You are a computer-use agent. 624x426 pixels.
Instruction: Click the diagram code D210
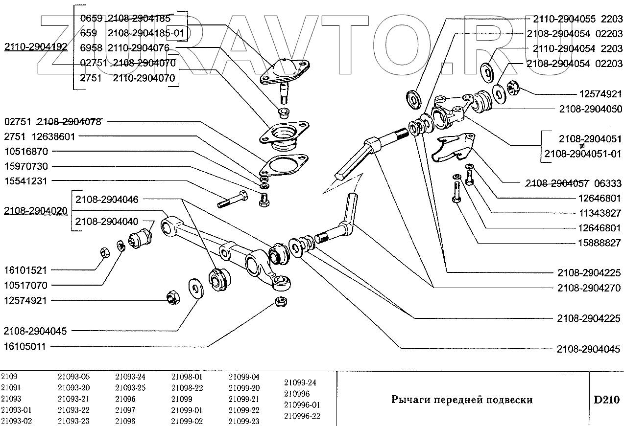coord(606,400)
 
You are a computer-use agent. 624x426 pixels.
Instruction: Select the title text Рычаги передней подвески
coord(462,400)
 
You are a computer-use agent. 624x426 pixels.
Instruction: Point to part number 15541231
coord(25,180)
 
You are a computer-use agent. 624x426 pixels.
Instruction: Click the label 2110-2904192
coord(36,47)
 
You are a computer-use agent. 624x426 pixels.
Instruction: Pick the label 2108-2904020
coord(36,211)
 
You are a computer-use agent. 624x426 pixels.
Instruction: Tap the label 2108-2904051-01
coord(582,154)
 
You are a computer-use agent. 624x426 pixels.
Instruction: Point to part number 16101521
coord(25,270)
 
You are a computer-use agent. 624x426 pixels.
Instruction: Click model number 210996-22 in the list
coord(302,416)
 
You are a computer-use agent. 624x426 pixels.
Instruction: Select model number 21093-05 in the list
coord(73,377)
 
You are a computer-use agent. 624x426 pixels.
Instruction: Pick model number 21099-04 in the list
coord(244,377)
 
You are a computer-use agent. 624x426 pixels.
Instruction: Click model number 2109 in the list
coord(9,377)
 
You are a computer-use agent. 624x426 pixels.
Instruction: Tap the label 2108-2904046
coord(106,199)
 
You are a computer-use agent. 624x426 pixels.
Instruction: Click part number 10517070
coord(25,285)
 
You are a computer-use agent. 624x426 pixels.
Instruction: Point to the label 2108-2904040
coord(106,221)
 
